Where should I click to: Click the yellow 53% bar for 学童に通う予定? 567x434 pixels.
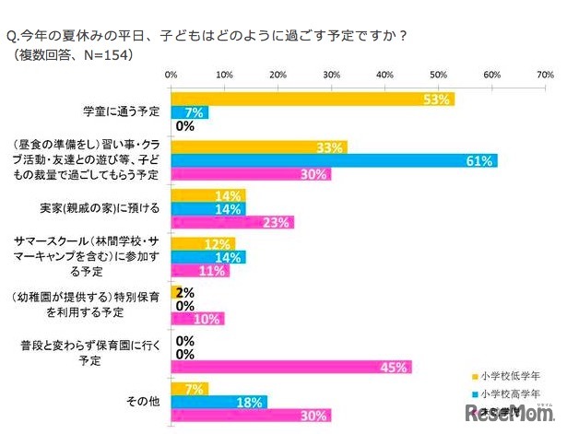point(312,100)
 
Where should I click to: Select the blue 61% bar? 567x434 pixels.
point(334,159)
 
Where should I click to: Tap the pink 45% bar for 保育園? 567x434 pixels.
point(290,368)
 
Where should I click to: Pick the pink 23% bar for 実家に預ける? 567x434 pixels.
point(232,222)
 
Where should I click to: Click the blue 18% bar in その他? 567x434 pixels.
point(219,401)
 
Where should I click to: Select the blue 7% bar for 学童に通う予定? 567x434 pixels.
point(190,112)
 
